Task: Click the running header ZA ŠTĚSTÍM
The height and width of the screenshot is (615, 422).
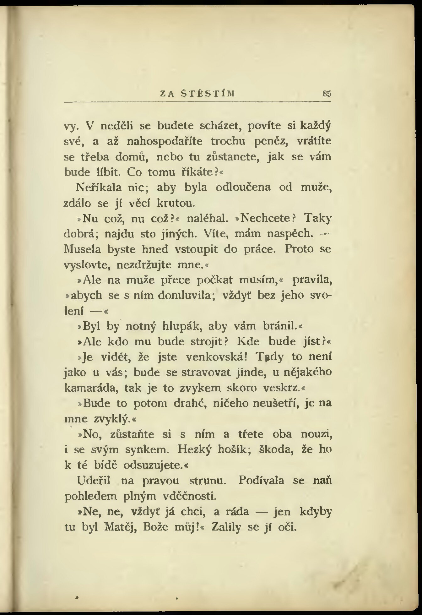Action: click(x=198, y=93)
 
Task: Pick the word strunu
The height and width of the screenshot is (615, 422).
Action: click(x=208, y=481)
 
